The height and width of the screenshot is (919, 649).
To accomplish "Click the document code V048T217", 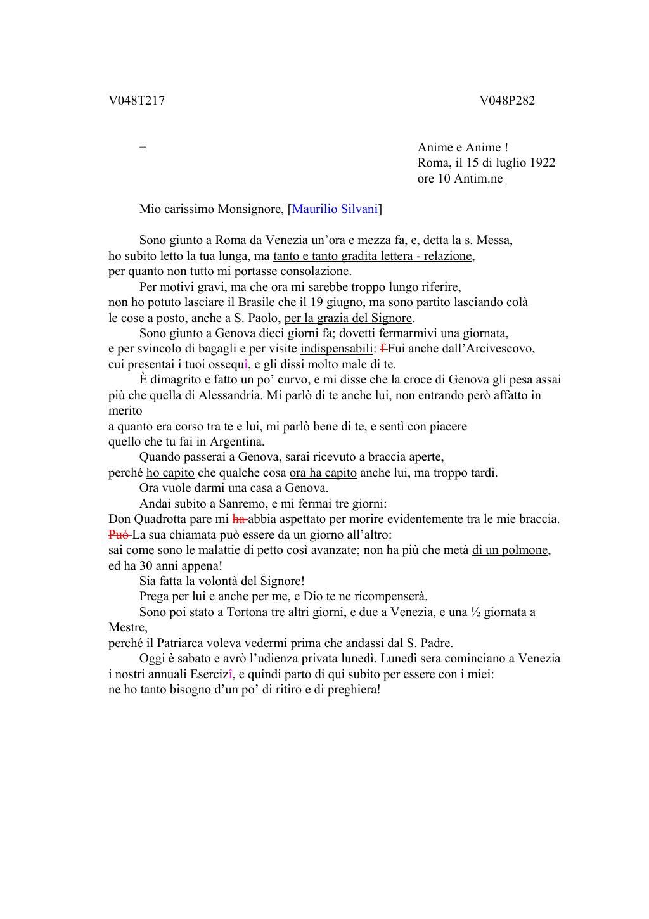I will pos(136,100).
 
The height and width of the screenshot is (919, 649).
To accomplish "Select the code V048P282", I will pos(507,100).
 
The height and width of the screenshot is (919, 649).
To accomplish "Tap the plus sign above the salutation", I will pos(143,148).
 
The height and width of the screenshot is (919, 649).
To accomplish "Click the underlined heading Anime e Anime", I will pos(459,148).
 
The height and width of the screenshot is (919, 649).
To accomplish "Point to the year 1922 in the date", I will pos(542,163).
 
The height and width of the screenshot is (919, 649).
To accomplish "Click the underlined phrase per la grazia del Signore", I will pos(348,318).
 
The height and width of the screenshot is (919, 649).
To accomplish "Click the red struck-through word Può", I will pos(119,534).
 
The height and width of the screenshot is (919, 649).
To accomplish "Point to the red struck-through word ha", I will pos(239,519).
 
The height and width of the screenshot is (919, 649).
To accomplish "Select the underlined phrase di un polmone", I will pos(510,550).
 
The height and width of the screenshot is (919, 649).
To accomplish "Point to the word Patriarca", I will pos(181,643).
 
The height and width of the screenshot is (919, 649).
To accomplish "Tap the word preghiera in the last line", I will pos(352,690).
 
